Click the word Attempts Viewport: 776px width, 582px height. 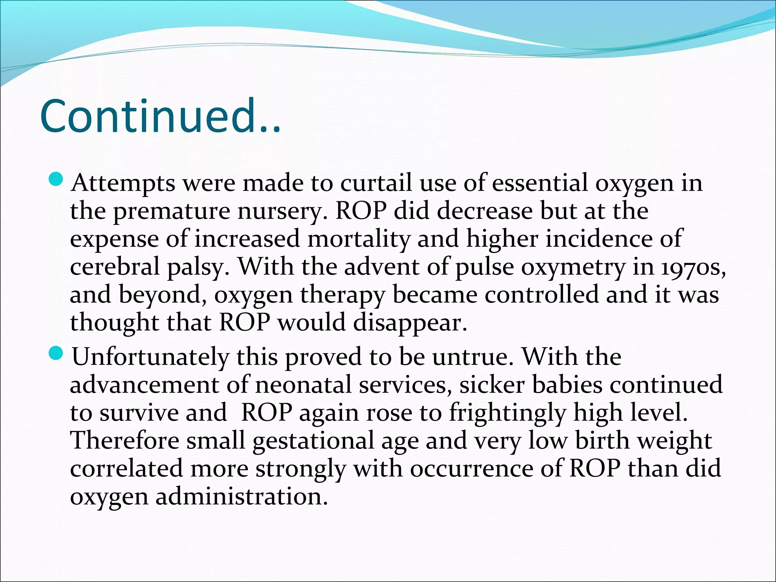pyautogui.click(x=123, y=183)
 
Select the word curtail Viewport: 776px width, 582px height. pyautogui.click(x=375, y=183)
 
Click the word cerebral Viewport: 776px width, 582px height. pyautogui.click(x=114, y=267)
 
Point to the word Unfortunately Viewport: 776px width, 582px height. pyautogui.click(x=150, y=357)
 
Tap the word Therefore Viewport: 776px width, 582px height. pyautogui.click(x=125, y=441)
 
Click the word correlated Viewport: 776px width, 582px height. pyautogui.click(x=126, y=469)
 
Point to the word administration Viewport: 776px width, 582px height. pyautogui.click(x=241, y=497)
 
